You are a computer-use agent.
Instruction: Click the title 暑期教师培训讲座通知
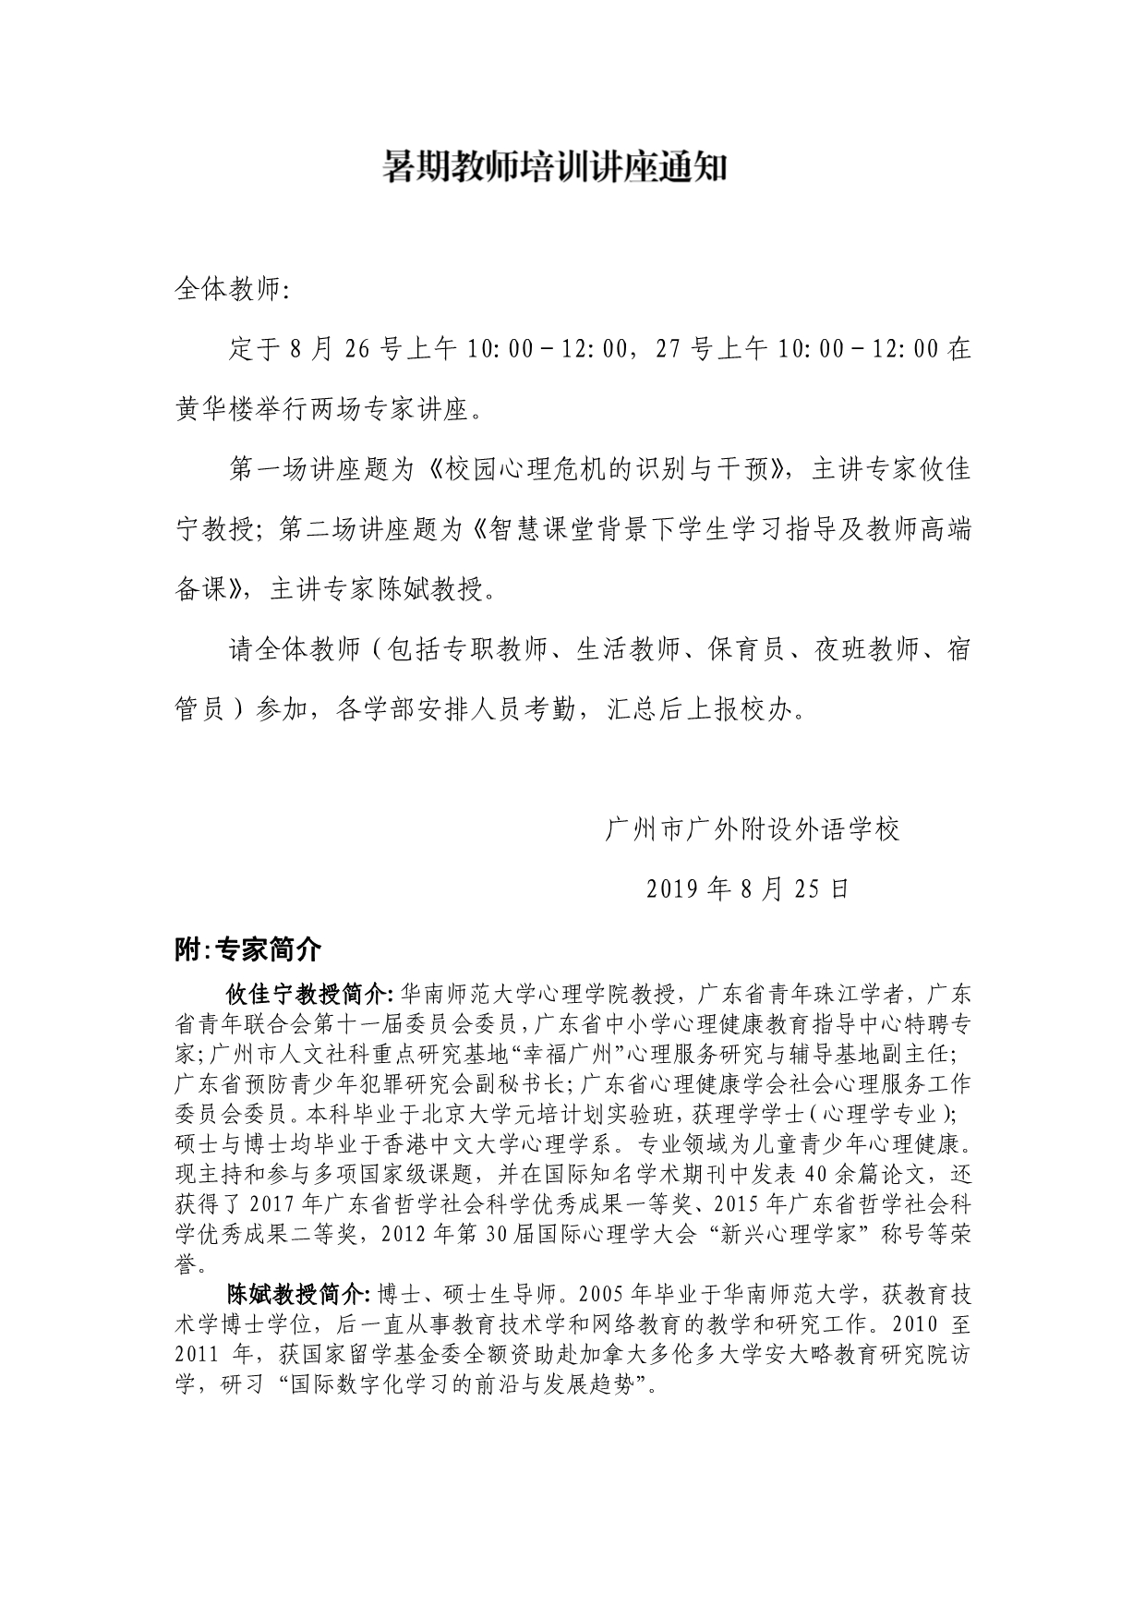[x=555, y=168]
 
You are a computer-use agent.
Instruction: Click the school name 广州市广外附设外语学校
[x=752, y=829]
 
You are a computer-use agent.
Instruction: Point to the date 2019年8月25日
[x=747, y=888]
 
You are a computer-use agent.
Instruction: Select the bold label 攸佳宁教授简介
[x=310, y=995]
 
